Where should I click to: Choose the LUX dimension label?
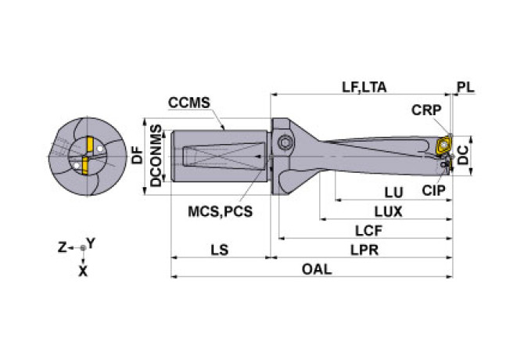point(388,211)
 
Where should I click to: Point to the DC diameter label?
point(464,155)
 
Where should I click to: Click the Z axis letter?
point(62,247)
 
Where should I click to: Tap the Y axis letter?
point(92,243)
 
